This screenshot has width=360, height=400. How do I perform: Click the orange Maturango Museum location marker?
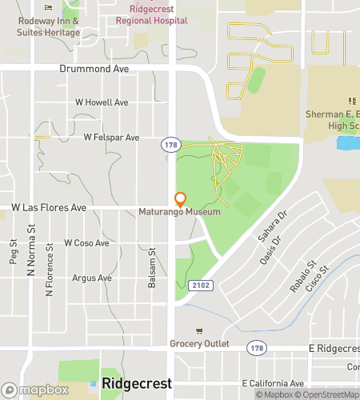click(x=180, y=199)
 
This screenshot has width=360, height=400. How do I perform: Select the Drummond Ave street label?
click(x=94, y=70)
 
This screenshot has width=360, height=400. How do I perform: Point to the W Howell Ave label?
click(x=102, y=102)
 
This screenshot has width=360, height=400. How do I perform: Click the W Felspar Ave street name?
click(x=111, y=138)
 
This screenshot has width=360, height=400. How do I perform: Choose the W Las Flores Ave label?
click(x=49, y=207)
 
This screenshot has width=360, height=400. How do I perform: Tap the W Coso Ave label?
click(x=87, y=242)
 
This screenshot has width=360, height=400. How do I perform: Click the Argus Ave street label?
click(x=92, y=278)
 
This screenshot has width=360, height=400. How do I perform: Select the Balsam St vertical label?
click(x=150, y=260)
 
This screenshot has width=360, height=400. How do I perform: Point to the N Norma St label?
click(x=33, y=260)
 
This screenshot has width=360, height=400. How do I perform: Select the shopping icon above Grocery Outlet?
click(x=199, y=331)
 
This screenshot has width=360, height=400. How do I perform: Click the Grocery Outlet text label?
click(x=199, y=344)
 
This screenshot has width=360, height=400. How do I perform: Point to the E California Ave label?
click(x=274, y=383)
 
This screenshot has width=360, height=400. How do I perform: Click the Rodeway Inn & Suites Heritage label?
click(x=50, y=26)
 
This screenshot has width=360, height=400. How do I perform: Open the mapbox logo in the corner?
click(x=34, y=390)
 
